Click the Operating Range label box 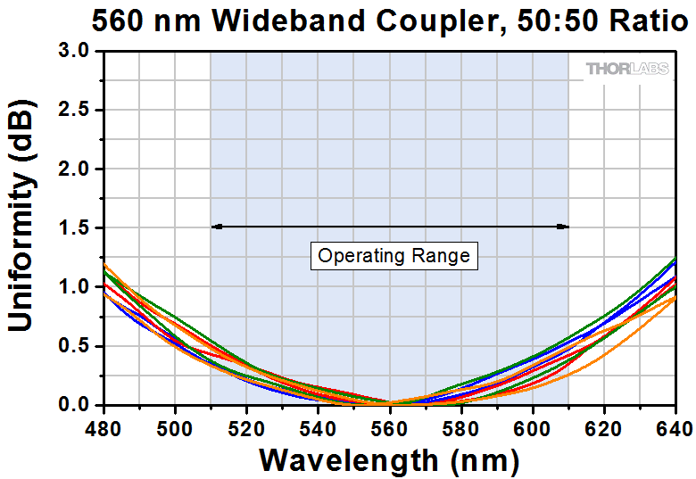[x=394, y=256]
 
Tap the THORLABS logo [x=627, y=69]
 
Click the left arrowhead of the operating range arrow [x=215, y=227]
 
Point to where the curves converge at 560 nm [x=389, y=403]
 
